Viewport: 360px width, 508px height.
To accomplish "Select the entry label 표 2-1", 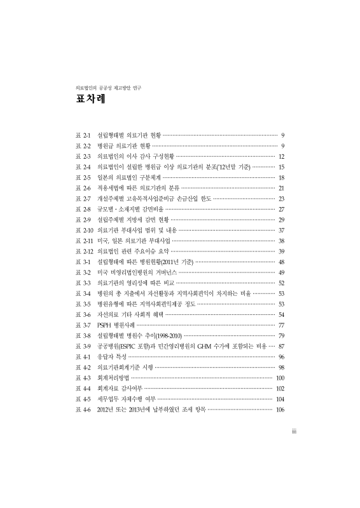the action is tap(83, 136).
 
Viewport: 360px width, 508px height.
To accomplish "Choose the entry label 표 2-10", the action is tap(85, 230).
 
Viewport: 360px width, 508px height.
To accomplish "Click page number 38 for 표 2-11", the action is tap(280, 241).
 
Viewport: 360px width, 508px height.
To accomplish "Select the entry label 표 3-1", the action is tap(83, 262).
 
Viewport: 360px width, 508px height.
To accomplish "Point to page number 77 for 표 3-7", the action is tap(280, 324).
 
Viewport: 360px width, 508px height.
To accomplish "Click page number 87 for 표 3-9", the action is tap(280, 345).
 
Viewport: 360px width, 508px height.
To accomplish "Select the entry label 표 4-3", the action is tap(83, 377).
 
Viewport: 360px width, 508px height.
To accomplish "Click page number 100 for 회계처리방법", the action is tap(279, 377).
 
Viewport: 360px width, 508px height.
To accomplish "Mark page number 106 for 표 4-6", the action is tap(279, 408).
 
